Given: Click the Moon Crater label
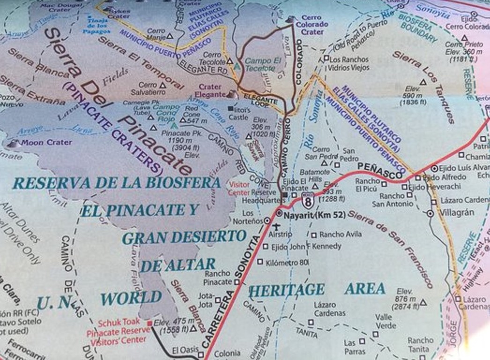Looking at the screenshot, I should coord(47,142).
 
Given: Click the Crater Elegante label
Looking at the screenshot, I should coord(210,90).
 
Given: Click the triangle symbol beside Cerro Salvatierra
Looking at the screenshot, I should coord(163,86).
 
